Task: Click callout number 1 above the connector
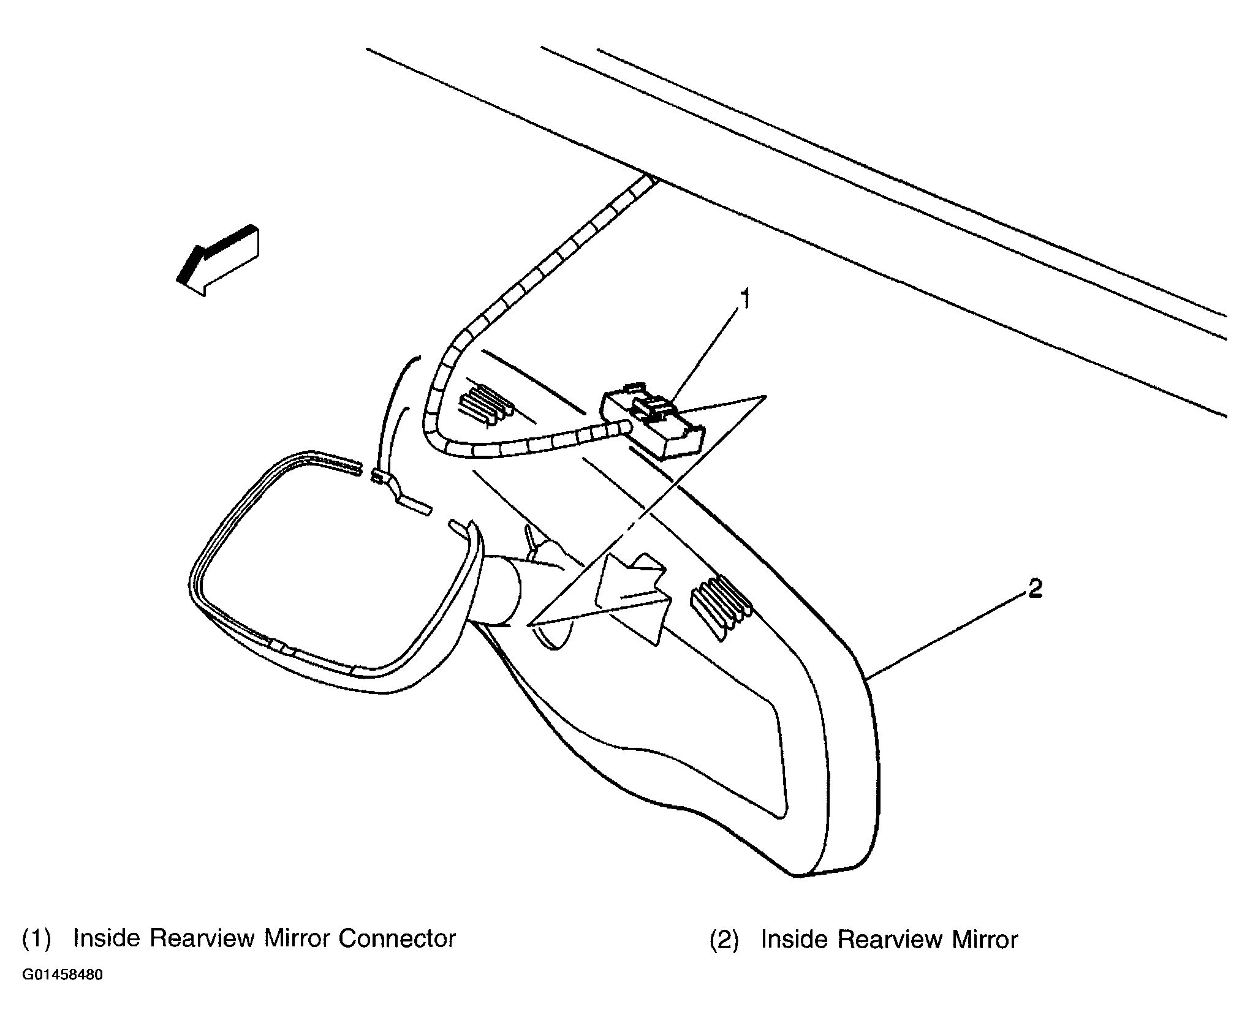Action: (x=744, y=301)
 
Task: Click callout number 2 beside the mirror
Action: (x=1034, y=589)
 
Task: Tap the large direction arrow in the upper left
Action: (x=218, y=261)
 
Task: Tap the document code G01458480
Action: (x=63, y=992)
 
